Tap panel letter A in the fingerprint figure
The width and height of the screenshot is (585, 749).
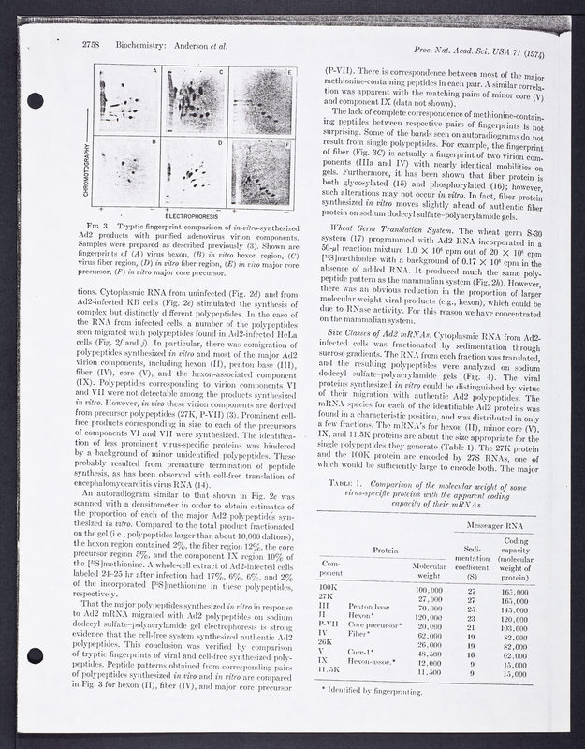tap(154, 72)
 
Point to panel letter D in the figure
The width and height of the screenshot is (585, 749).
tap(220, 143)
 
